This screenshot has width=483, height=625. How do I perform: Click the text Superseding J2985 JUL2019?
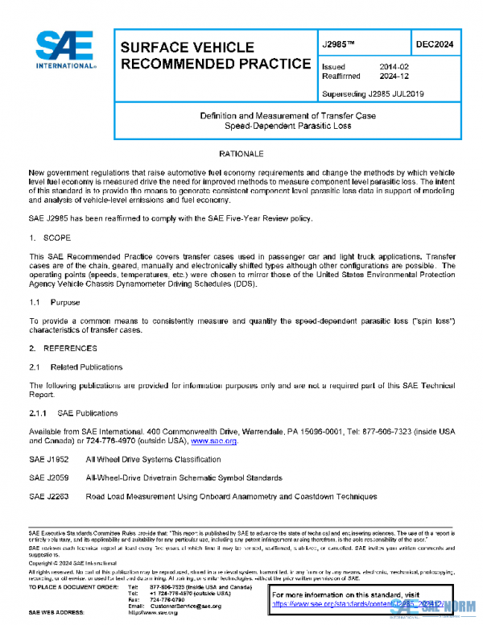pyautogui.click(x=372, y=93)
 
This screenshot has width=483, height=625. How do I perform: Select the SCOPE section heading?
pyautogui.click(x=56, y=238)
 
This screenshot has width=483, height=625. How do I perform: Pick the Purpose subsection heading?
pyautogui.click(x=64, y=303)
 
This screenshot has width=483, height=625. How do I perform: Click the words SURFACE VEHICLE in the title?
pyautogui.click(x=187, y=48)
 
